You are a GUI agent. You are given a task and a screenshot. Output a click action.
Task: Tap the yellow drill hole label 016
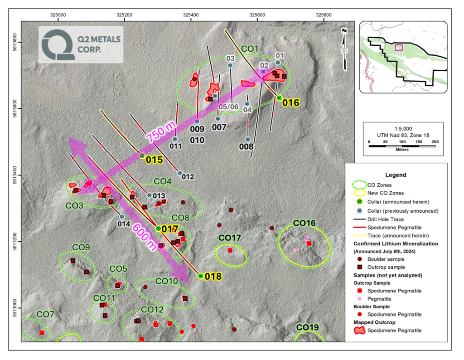coord(291,103)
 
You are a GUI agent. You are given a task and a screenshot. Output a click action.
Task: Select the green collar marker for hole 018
coord(200,276)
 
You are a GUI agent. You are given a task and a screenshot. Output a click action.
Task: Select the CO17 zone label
coord(230,238)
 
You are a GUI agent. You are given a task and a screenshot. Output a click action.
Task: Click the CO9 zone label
coord(81,247)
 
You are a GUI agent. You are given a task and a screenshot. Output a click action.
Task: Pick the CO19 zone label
coord(308,327)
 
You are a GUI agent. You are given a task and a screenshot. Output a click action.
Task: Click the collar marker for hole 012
coord(180,173)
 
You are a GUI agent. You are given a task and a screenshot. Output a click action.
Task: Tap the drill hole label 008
coord(246,146)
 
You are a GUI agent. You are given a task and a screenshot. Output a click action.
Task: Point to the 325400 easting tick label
coord(191,14)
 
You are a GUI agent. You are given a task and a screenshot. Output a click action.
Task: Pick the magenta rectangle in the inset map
coord(399,47)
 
